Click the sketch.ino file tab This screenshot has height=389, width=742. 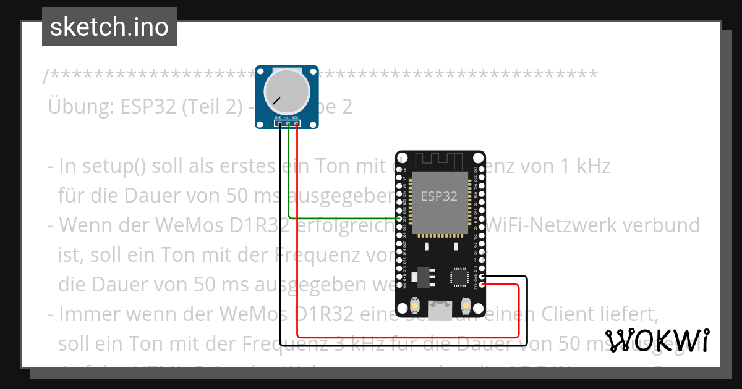pyautogui.click(x=109, y=27)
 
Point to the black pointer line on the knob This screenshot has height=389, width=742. pyautogui.click(x=276, y=100)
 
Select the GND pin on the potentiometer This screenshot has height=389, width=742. pyautogui.click(x=280, y=124)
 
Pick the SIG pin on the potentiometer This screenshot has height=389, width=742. pyautogui.click(x=288, y=124)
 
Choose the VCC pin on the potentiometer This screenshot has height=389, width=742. pyautogui.click(x=297, y=124)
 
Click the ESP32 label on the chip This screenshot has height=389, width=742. pyautogui.click(x=439, y=196)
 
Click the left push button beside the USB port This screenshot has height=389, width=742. pyautogui.click(x=416, y=306)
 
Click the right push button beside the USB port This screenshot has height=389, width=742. pyautogui.click(x=467, y=306)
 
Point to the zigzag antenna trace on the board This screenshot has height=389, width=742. pyautogui.click(x=440, y=161)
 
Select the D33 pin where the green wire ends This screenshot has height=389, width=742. pyautogui.click(x=399, y=218)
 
